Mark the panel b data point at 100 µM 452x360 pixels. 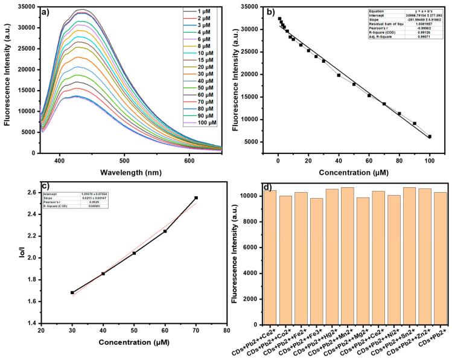coord(430,137)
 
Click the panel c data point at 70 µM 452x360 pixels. coord(196,198)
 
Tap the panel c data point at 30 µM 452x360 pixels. coord(72,292)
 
